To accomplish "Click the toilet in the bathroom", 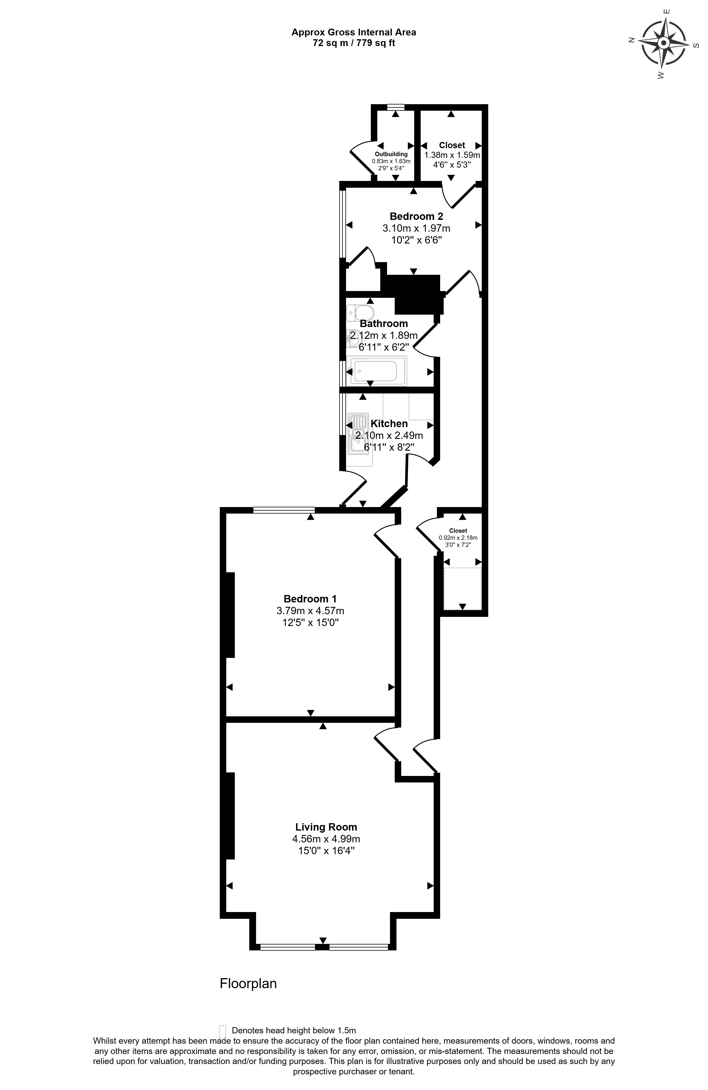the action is point(360,313).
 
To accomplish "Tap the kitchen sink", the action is point(359,434).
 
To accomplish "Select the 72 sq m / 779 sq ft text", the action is point(354,43).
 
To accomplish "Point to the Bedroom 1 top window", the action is point(284,509).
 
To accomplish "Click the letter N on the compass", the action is point(631,40).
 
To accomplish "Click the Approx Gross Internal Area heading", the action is point(354,32).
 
